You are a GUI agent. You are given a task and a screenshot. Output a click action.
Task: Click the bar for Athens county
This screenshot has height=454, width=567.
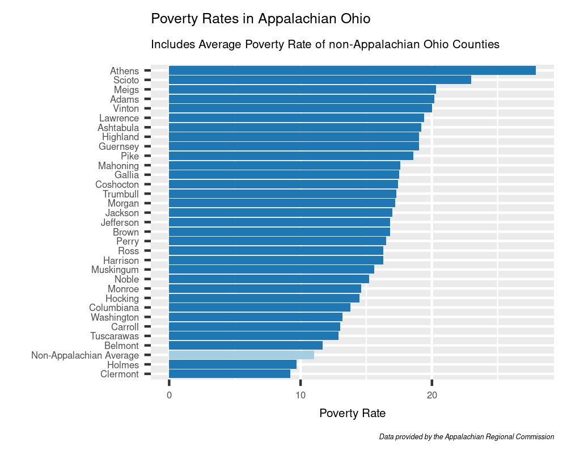click(x=352, y=70)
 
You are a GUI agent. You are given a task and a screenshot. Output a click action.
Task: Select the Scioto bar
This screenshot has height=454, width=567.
click(x=320, y=80)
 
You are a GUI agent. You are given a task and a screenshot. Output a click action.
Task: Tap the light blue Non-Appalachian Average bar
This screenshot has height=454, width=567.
click(x=241, y=355)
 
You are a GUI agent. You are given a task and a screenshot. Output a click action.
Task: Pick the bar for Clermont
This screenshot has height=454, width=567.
click(x=229, y=374)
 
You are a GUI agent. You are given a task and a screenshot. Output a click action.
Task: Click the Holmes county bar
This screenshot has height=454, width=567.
click(x=232, y=364)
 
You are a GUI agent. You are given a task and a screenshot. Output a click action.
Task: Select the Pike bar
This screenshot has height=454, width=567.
click(x=291, y=156)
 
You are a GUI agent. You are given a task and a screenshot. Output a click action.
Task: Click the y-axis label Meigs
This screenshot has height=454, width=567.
click(x=126, y=90)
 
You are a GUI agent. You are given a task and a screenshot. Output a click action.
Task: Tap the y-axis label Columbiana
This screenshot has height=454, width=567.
click(x=113, y=308)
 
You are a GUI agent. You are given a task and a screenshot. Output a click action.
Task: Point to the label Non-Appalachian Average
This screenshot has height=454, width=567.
click(x=84, y=355)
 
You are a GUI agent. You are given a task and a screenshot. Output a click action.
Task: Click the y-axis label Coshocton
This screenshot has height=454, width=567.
click(x=117, y=184)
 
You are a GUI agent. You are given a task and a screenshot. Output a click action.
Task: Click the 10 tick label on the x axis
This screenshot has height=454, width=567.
click(x=301, y=395)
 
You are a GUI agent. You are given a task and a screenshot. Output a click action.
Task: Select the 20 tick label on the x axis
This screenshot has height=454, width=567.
click(x=431, y=395)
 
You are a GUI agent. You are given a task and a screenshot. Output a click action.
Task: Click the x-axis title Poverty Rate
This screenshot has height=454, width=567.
click(x=353, y=413)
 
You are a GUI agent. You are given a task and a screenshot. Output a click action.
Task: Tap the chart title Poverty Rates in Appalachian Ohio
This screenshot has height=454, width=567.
click(x=260, y=19)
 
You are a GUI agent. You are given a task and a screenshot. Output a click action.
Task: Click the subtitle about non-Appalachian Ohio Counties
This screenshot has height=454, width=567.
click(x=325, y=44)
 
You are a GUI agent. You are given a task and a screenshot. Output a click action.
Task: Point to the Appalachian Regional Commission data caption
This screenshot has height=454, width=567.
click(x=466, y=437)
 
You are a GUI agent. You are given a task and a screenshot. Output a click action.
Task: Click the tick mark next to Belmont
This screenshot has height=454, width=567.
click(x=147, y=346)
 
